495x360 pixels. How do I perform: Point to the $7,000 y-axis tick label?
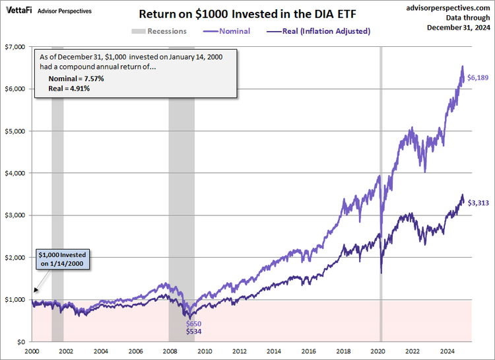point(15,47)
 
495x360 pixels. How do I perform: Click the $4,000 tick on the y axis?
point(15,173)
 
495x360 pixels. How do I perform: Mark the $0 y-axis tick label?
point(20,342)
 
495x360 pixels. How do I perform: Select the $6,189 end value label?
point(477,78)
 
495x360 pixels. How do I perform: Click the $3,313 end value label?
point(477,203)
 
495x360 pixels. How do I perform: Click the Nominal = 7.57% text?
point(76,79)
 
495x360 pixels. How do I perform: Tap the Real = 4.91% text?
point(69,88)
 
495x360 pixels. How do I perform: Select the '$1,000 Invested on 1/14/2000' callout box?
point(62,260)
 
